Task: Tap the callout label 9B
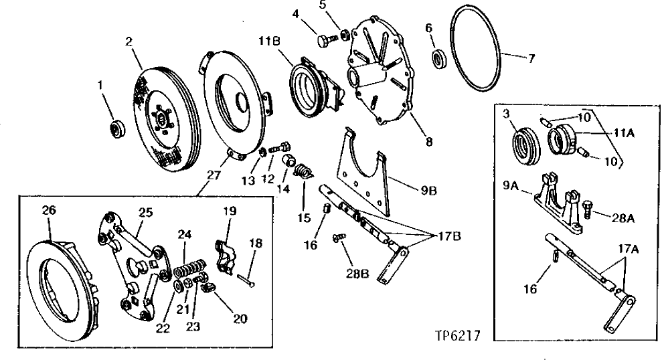[x=428, y=189]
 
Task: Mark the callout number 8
[x=428, y=141]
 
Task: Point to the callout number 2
[x=128, y=42]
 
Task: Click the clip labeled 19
[x=226, y=252]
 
